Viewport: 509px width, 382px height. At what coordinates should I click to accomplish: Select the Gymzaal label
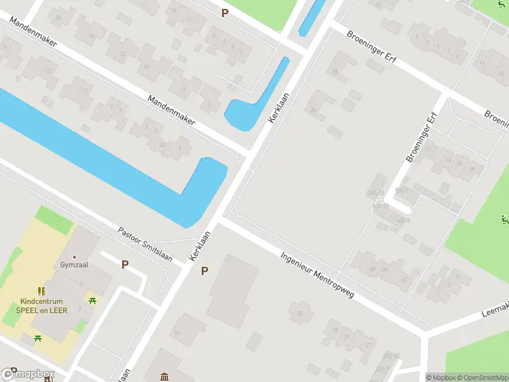coord(74,264)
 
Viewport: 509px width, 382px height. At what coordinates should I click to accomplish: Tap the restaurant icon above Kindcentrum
coord(41,292)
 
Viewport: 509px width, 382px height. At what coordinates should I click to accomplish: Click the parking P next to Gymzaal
coord(125,264)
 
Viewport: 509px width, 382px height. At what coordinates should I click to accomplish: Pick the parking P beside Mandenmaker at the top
coord(225,13)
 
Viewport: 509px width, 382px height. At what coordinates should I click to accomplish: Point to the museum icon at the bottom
coord(165,377)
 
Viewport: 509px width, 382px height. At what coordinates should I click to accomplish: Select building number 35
coord(300,313)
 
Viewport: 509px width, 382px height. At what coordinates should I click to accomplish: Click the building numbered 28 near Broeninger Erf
coord(335,71)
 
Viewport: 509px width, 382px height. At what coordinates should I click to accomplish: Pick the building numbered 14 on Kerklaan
coord(177,333)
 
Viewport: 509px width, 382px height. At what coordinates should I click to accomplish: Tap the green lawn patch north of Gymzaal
coord(55,220)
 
